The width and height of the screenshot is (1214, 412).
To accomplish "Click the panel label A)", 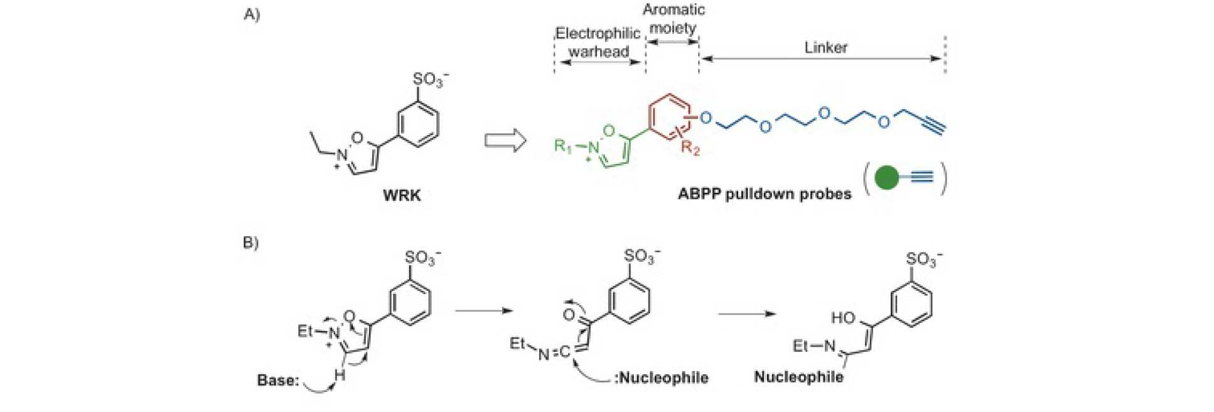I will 251,14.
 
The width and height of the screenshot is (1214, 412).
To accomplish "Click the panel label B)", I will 250,242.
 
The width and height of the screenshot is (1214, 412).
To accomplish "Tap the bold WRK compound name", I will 402,195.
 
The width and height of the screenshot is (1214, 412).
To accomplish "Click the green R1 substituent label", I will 563,146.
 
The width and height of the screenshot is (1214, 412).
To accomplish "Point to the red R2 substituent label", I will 690,149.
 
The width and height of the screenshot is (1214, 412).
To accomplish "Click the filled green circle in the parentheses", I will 886,178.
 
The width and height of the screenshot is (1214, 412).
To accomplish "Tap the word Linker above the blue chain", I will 825,48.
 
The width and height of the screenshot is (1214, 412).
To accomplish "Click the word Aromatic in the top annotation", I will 674,10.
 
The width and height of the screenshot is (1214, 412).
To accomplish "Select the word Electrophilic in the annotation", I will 598,33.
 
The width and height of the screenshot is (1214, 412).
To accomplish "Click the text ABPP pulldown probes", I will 764,194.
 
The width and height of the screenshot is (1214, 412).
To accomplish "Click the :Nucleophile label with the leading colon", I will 661,378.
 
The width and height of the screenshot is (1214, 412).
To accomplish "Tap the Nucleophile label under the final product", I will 798,377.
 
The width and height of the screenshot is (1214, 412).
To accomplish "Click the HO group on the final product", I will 843,318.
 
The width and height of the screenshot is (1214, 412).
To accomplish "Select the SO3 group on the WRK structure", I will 429,80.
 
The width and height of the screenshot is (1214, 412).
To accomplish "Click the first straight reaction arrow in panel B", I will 483,310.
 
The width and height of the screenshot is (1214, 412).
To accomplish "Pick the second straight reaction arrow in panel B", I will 747,313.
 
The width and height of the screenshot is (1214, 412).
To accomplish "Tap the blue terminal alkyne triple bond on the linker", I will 933,126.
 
